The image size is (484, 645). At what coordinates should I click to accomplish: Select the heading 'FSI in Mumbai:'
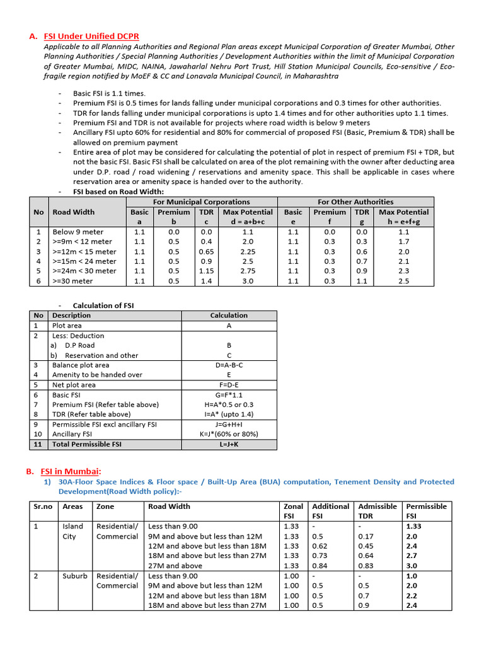71,471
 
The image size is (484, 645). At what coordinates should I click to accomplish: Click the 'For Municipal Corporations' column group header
201,202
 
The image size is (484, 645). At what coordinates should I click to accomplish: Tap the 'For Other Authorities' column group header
355,202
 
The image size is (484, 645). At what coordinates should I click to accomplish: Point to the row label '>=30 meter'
72,281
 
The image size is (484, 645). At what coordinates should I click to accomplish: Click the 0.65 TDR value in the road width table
206,251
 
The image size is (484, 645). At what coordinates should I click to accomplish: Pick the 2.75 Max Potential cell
248,271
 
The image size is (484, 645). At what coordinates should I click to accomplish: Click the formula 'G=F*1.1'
229,394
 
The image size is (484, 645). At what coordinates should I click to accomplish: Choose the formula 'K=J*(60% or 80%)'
229,434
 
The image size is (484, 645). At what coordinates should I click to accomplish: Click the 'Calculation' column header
229,315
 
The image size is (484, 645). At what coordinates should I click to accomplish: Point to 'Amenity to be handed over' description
97,375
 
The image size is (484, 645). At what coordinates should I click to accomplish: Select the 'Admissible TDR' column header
377,511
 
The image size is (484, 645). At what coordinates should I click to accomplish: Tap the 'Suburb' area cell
74,576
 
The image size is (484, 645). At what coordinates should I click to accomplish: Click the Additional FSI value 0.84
320,566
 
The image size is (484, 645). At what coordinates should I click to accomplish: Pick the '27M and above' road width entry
175,566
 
